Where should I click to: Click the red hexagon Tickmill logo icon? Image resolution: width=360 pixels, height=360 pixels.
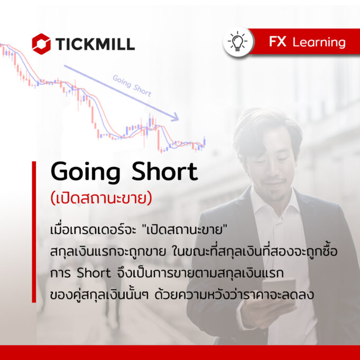coord(41,44)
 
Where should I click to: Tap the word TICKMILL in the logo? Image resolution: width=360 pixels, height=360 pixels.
coord(95,44)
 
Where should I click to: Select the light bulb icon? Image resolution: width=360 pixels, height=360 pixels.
coord(238,42)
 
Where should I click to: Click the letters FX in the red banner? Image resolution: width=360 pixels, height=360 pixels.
coord(278,42)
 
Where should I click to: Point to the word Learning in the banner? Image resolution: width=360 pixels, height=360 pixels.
coord(319,43)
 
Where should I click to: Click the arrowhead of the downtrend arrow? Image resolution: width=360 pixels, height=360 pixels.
coord(176,117)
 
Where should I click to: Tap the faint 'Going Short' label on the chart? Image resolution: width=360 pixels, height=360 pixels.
coord(132,86)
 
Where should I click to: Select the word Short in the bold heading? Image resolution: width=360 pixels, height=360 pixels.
coord(164,171)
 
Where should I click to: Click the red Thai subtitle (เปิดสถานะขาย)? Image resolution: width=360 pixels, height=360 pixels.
coord(101,198)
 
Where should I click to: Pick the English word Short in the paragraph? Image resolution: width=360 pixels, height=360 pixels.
coord(94,273)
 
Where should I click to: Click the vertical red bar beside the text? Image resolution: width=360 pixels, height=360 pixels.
coord(34,232)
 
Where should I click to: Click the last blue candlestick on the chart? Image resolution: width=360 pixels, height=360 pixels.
coord(205,141)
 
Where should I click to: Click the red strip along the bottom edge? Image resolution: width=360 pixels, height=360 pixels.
coord(180,353)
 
